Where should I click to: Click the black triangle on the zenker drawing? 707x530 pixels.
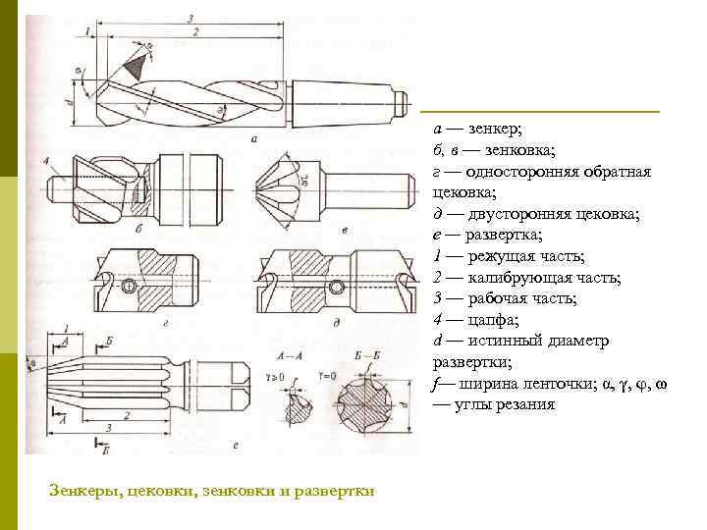coord(135,66)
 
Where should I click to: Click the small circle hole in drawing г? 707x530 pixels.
coord(128,287)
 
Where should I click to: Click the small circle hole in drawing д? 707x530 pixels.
coord(337,287)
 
